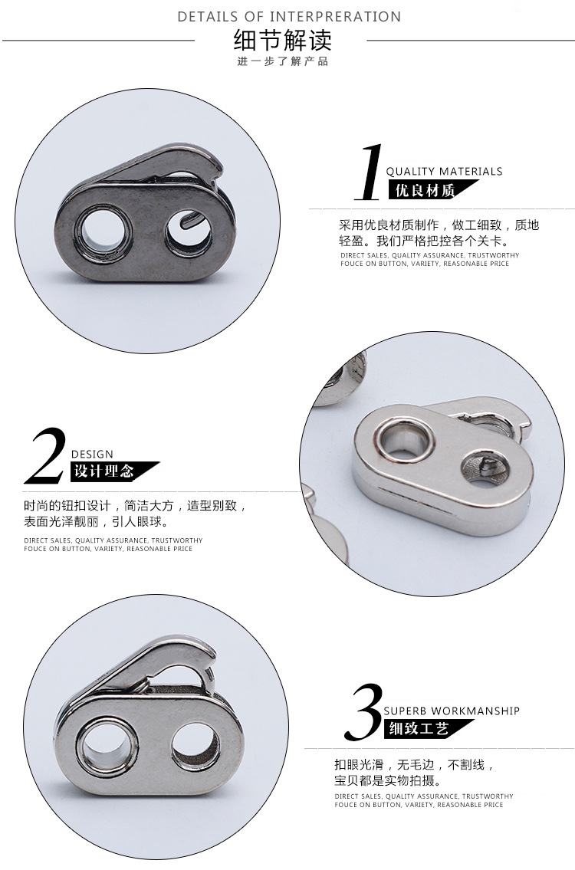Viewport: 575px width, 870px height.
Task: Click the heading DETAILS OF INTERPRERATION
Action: click(x=289, y=16)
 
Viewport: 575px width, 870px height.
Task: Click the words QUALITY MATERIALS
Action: click(x=444, y=172)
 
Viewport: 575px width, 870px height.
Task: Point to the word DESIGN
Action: click(x=92, y=454)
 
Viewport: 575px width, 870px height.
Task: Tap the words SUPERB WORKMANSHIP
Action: click(x=452, y=711)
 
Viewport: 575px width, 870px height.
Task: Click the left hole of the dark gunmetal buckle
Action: click(x=103, y=230)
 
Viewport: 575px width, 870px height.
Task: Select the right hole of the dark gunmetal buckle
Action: click(x=189, y=231)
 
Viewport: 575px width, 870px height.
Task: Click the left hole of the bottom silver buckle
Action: click(x=104, y=745)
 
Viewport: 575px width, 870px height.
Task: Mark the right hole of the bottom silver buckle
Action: click(x=193, y=746)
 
